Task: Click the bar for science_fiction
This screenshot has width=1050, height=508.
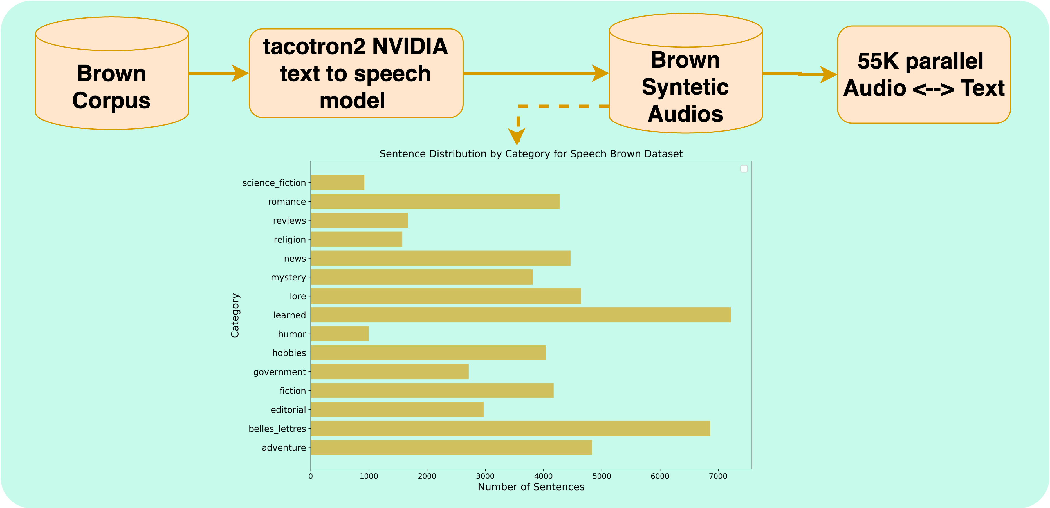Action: point(338,182)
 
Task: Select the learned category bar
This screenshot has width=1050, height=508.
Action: point(520,315)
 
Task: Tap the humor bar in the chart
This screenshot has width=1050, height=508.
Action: point(340,334)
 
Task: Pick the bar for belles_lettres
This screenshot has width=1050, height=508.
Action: point(510,428)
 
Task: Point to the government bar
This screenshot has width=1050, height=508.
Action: point(390,372)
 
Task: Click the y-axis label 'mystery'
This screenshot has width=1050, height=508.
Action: point(288,277)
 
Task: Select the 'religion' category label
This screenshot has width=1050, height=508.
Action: point(290,240)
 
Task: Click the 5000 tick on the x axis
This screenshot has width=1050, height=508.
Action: point(602,476)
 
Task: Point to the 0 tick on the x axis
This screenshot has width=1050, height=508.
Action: point(311,476)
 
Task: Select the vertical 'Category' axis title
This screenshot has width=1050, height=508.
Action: point(235,315)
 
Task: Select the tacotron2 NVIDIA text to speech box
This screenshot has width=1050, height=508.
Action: point(356,73)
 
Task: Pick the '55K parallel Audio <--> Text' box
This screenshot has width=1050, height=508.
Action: point(924,75)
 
